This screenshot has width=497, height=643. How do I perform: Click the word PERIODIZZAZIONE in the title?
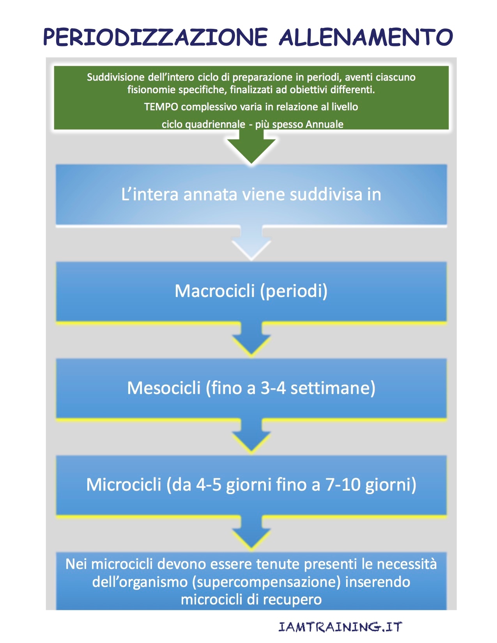pos(156,37)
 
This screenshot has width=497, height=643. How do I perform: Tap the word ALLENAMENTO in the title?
pos(366,37)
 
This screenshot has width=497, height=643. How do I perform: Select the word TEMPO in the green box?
pos(161,106)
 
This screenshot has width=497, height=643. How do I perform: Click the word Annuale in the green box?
pos(324,124)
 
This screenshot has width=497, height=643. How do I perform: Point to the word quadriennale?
pos(215,125)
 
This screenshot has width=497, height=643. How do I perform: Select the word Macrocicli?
pos(215,291)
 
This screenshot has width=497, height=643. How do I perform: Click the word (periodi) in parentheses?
pos(294,291)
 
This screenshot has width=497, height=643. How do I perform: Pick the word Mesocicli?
pos(164,388)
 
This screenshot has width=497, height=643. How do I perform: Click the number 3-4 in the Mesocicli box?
pos(273,388)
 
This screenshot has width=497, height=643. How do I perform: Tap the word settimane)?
pos(333,388)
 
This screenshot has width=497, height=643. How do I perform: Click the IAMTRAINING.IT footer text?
pos(340,627)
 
